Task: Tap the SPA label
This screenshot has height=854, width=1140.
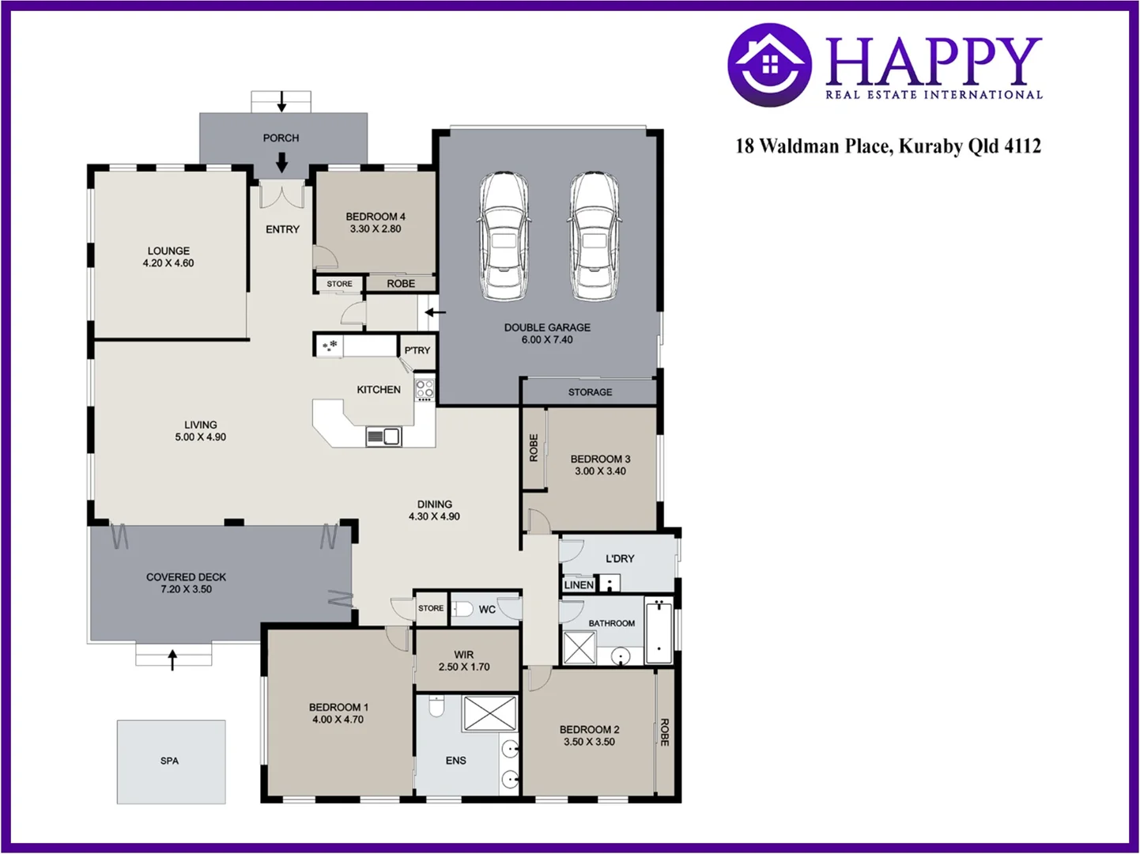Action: pos(170,761)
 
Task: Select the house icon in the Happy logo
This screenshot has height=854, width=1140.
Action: pos(769,64)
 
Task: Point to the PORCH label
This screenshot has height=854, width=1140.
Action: pos(281,138)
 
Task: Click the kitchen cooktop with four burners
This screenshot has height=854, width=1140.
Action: pos(425,389)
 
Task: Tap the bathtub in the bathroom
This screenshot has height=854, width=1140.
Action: pos(659,631)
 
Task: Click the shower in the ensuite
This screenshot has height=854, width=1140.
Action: pos(489,713)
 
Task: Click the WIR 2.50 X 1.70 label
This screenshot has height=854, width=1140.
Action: pos(464,661)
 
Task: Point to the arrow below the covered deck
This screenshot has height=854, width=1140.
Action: pos(173,659)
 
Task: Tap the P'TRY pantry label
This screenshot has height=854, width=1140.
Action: pos(417,350)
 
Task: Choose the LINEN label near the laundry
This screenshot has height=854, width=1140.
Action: pos(579,585)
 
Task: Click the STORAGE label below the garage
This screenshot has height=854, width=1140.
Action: pos(590,392)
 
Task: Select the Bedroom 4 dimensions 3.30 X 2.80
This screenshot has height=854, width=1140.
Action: pos(376,229)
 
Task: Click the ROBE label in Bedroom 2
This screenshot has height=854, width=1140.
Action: pos(665,732)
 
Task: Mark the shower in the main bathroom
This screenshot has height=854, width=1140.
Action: pos(579,648)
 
